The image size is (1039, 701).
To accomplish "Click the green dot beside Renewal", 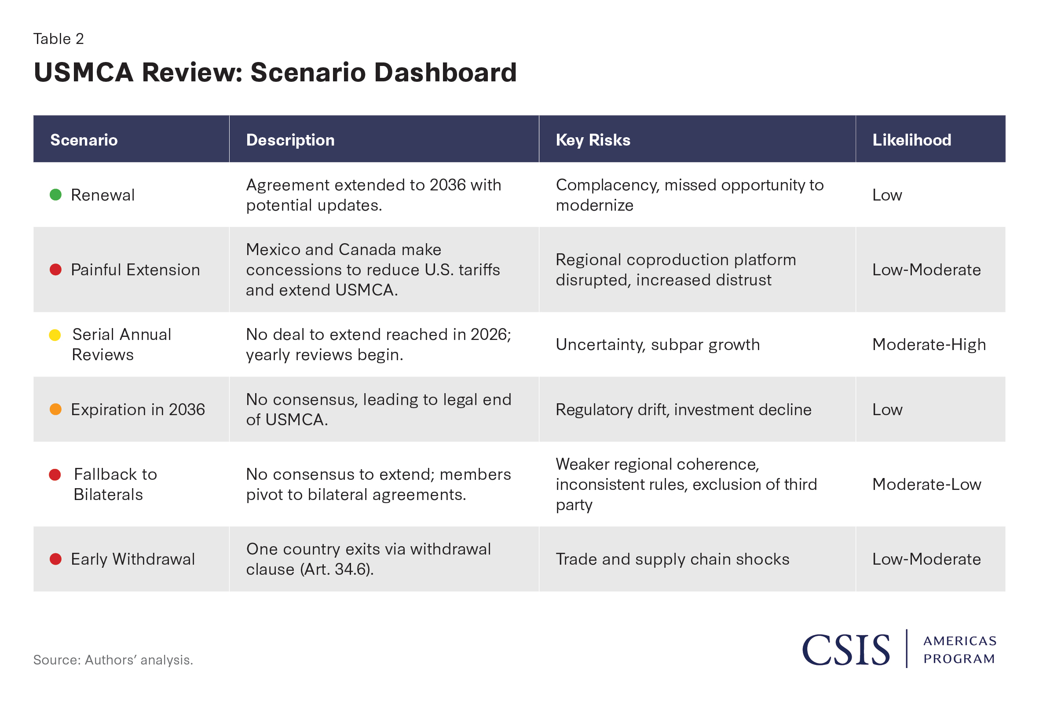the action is pos(55,195).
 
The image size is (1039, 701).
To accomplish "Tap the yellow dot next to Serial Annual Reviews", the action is pos(55,335).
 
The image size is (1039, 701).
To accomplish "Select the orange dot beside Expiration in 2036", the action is pos(55,409).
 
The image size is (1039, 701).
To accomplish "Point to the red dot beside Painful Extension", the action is pos(55,270).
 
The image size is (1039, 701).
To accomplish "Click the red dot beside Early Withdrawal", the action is pos(55,559).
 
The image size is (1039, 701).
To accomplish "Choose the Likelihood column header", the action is pos(911,140).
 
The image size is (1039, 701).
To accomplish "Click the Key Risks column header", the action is pos(593,140).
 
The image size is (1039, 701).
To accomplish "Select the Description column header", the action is pos(290,140).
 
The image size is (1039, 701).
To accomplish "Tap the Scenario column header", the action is pos(84,140).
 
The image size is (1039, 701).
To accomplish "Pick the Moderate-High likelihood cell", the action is pos(929,345).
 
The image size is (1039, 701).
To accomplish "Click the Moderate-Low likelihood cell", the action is pos(926,484).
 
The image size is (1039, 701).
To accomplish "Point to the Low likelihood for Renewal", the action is pos(887,195).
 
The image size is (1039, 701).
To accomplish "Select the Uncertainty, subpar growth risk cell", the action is pos(658,345).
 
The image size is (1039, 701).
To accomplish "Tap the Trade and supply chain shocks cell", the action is pos(673,559).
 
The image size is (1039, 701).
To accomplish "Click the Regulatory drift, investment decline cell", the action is pos(684,409).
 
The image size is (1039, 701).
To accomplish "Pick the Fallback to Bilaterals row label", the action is pos(115,484).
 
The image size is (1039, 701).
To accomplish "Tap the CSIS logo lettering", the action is pos(846,650).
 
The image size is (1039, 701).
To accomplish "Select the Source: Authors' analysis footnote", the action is pos(113,660).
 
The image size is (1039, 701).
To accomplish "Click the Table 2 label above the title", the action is pos(59,39).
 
